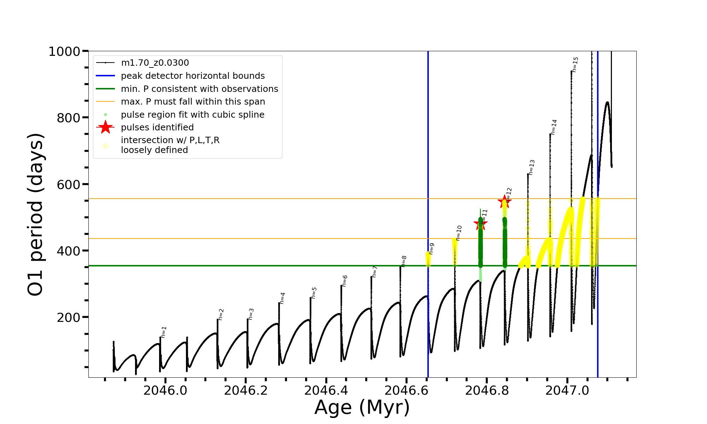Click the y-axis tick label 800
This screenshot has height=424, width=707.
69,118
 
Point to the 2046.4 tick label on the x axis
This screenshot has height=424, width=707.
326,390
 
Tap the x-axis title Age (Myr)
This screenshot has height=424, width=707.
362,407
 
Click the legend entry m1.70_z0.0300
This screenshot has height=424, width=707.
155,63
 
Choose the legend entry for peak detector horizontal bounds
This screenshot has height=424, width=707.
193,76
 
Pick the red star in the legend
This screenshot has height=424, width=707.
105,127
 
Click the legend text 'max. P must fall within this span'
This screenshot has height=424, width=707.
193,102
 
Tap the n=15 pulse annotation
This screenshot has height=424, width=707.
575,65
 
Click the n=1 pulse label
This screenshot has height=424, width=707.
164,332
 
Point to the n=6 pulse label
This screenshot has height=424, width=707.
345,281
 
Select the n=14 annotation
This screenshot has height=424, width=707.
554,127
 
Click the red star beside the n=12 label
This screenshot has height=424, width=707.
504,202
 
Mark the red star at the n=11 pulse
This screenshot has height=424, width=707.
480,223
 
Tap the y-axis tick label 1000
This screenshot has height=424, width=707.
64,52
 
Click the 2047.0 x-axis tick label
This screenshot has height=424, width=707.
567,390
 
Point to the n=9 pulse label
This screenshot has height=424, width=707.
431,249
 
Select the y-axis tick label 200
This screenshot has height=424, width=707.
69,317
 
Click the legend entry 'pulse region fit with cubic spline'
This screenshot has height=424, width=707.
192,115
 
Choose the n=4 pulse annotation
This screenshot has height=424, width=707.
282,298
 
